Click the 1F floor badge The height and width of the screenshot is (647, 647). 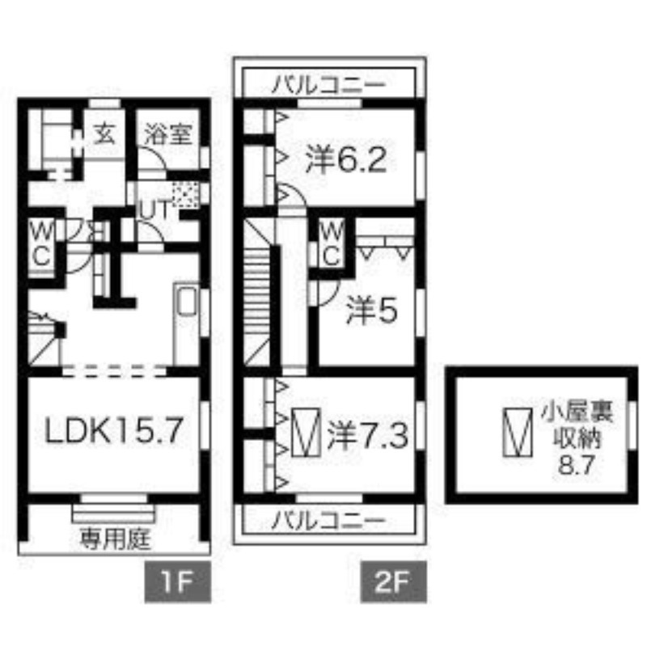pos(177,581)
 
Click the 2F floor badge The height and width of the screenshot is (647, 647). pos(393,581)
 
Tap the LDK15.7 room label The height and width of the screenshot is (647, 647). pos(114,430)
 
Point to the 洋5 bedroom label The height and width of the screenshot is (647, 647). pos(372,311)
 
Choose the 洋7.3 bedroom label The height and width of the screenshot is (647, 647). pos(368,436)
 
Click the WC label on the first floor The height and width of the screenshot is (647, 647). pos(42,246)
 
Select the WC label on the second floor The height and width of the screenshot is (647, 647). pos(332,246)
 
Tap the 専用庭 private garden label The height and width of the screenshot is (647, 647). pos(115,539)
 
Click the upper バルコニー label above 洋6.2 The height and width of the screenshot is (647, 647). pos(329,85)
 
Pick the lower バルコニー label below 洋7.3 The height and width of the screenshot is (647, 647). pos(329,521)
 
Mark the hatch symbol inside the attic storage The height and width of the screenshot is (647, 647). pos(518,433)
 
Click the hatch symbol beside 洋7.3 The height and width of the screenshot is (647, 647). pos(306,433)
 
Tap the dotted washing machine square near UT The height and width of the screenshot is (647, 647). pos(185,194)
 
